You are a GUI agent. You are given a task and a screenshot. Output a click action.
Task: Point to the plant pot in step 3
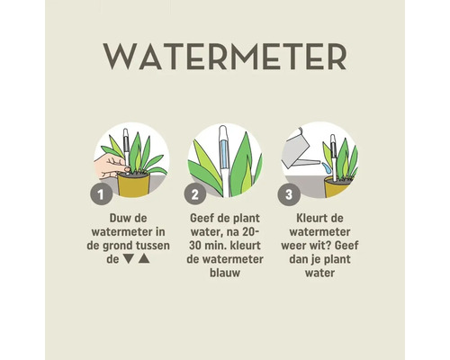tap(337, 185)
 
